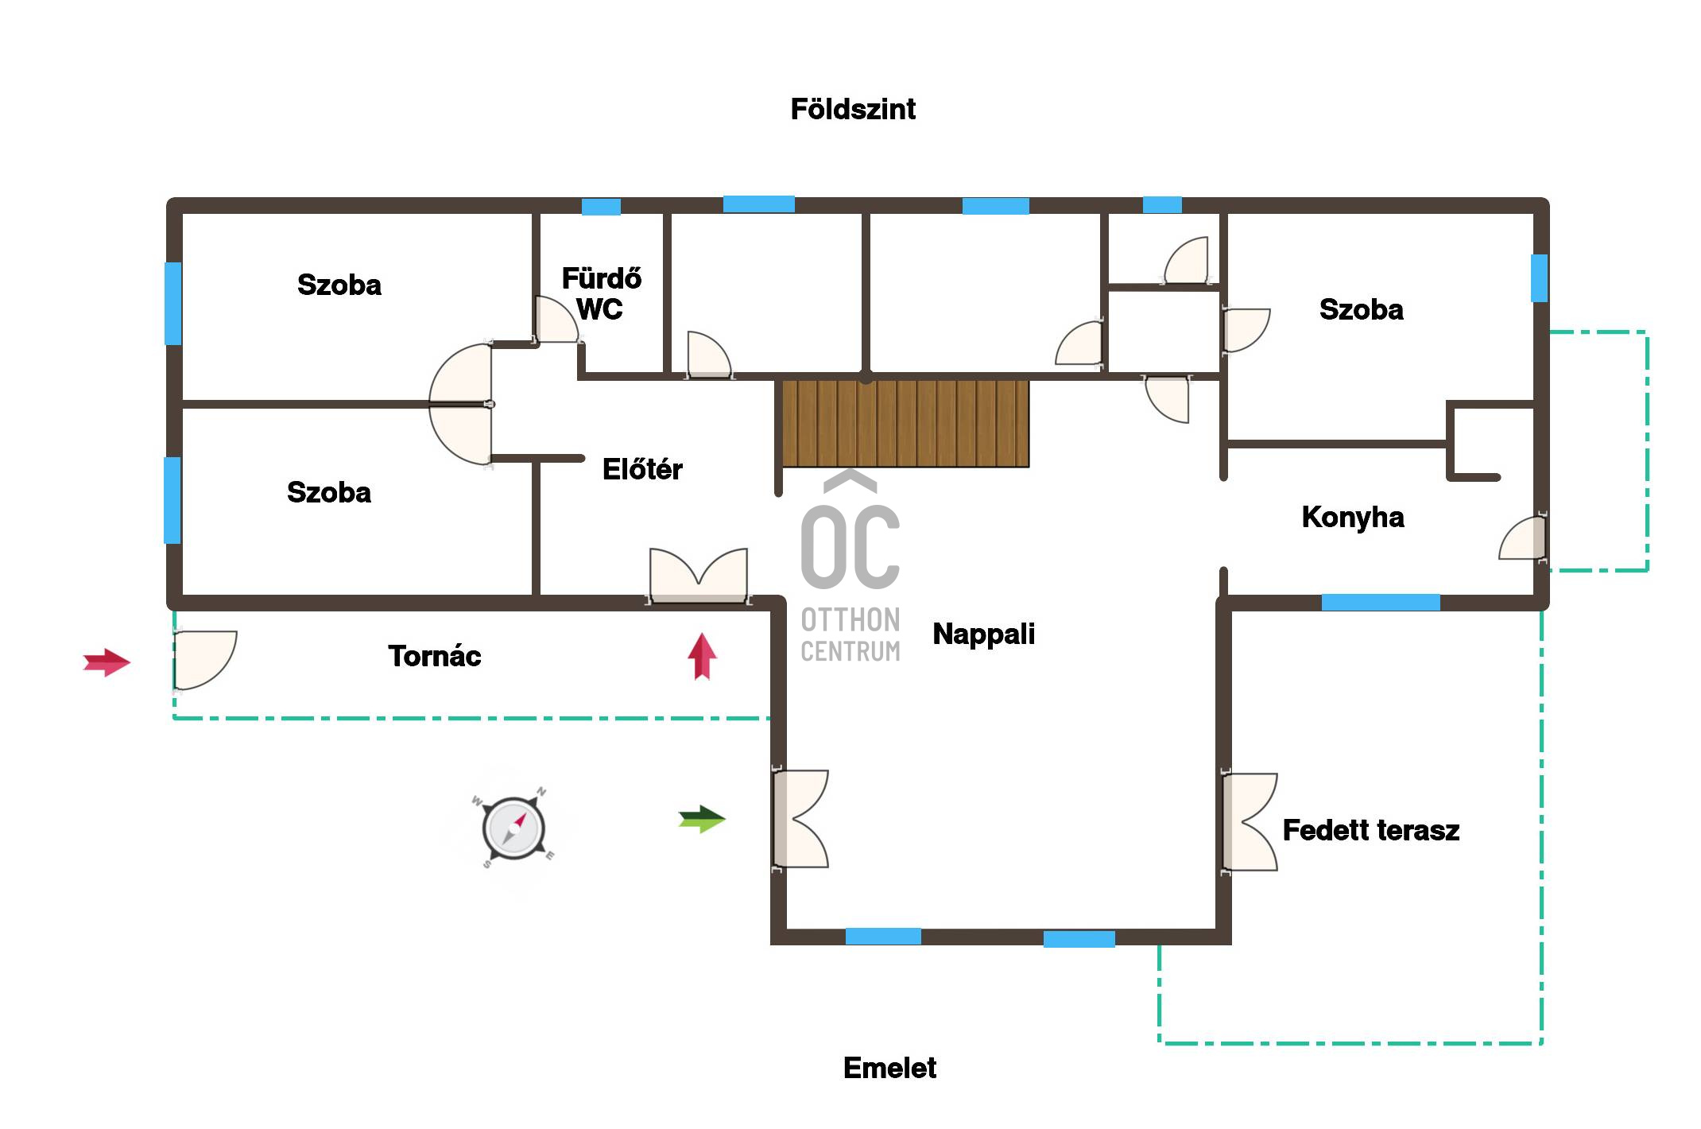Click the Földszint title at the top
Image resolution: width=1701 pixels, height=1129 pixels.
[853, 109]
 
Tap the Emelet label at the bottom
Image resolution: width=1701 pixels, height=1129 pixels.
[889, 1068]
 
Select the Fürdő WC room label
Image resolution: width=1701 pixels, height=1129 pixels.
[601, 293]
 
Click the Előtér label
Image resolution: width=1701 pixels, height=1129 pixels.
[642, 469]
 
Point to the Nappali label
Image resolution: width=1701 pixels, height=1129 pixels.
[983, 634]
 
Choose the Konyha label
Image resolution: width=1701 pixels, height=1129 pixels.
[1353, 518]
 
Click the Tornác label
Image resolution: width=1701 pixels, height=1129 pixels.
[435, 656]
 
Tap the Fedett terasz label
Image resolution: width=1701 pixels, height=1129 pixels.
[1371, 830]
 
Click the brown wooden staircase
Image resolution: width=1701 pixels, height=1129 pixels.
[905, 423]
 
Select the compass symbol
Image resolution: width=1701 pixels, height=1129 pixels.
[513, 828]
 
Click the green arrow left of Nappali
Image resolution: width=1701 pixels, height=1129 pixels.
[702, 819]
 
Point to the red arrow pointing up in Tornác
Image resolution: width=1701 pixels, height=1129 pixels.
[702, 656]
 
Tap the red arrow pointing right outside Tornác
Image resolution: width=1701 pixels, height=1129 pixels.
[107, 662]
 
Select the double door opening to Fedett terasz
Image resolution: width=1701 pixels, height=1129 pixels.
[1250, 822]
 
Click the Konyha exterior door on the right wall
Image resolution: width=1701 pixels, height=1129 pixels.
[1523, 538]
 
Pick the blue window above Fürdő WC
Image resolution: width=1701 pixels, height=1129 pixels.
[601, 207]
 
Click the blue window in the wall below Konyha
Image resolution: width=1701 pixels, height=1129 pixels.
[1381, 602]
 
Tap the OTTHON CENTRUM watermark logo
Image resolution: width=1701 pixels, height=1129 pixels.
[850, 566]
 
